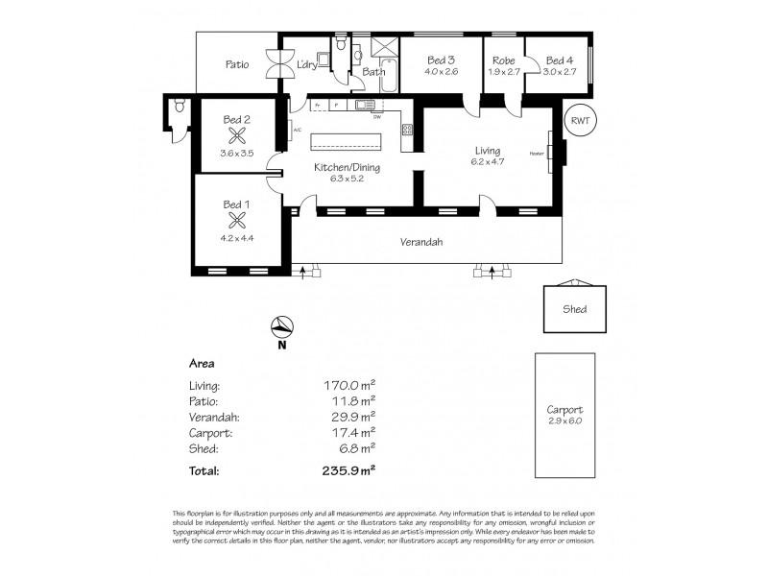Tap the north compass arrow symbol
tap(279, 326)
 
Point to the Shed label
tap(575, 309)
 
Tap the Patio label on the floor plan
tap(237, 65)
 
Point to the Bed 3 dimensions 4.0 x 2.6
tap(443, 71)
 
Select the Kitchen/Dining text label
tap(348, 167)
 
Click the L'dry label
tap(306, 64)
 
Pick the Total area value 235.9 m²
tap(348, 470)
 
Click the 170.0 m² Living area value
tap(348, 386)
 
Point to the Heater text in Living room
tap(536, 154)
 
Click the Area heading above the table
tap(201, 364)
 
